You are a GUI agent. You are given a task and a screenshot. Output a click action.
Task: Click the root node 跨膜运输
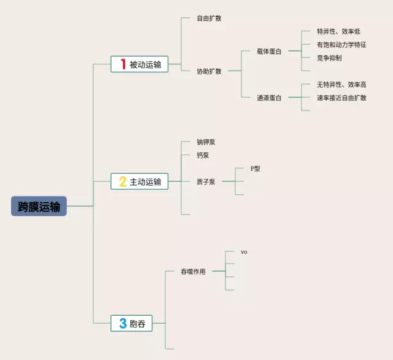coord(39,206)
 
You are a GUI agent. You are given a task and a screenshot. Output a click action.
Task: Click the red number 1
coord(123,64)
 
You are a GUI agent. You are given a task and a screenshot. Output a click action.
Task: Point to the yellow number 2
coord(123,181)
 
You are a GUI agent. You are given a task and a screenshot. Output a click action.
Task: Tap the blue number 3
coord(123,323)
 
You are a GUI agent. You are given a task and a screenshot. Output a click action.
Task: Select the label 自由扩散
coord(209,18)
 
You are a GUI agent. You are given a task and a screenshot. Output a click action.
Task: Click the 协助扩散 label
coord(209,71)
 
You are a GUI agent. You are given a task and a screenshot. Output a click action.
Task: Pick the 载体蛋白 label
coord(269,51)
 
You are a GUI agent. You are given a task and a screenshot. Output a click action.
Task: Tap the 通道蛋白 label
coord(269,98)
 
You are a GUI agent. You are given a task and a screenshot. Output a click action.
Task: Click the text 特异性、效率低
coord(338,31)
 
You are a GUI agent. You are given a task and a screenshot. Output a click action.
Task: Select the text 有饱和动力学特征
coord(341,44)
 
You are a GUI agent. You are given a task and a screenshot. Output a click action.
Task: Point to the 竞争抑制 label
coord(329,58)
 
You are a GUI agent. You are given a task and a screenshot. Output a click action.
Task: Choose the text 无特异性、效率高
coord(341,84)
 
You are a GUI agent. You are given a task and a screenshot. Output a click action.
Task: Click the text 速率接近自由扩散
coord(341,98)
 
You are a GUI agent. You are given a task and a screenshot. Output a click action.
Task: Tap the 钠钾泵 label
coord(206,142)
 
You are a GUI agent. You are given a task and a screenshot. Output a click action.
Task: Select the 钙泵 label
coord(203,155)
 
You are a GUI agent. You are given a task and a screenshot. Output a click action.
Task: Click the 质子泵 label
coord(206,181)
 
